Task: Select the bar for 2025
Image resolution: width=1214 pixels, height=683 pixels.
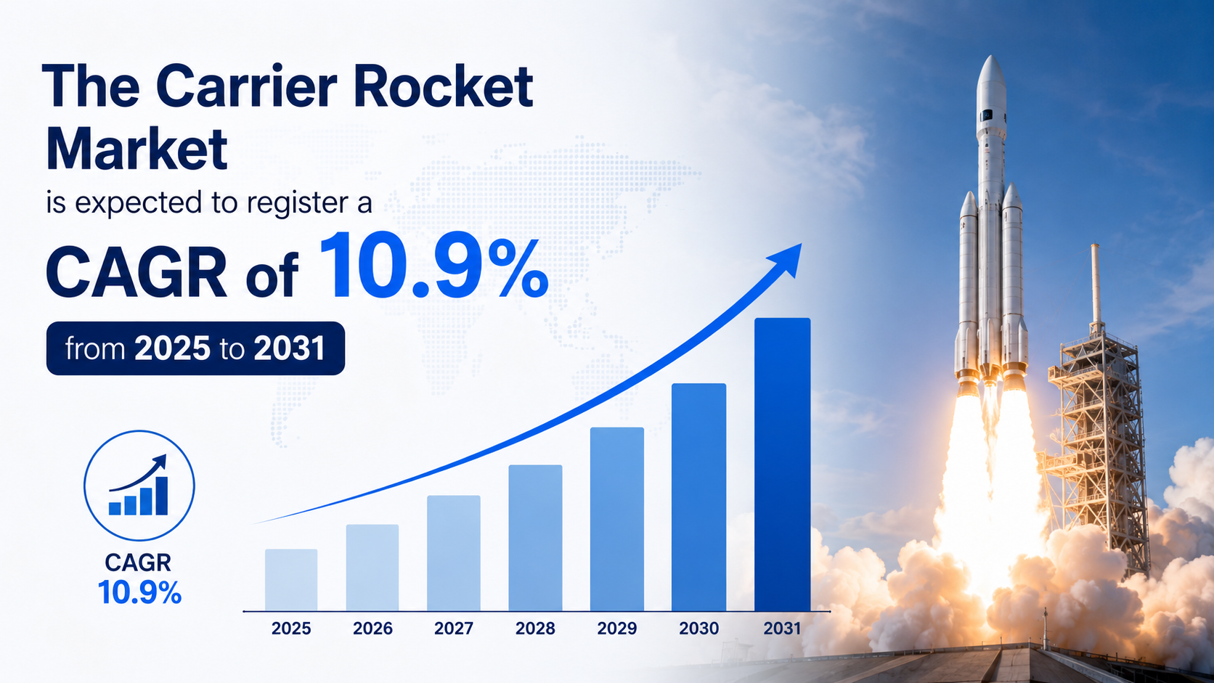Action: tap(291, 580)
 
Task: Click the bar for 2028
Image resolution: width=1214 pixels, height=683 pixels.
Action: tap(535, 538)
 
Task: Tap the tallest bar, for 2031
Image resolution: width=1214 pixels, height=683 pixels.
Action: tap(782, 465)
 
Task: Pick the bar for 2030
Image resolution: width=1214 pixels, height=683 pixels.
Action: tap(698, 497)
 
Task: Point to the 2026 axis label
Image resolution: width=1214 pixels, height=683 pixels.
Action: tap(372, 629)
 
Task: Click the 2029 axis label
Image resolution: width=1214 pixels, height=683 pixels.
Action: tap(616, 629)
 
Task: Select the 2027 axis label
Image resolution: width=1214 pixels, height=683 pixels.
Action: tap(454, 629)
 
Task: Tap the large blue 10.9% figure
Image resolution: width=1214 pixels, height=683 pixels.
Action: tap(433, 266)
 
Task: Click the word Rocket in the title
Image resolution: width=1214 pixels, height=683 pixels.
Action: tap(443, 86)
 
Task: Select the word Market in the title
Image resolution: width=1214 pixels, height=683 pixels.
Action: tap(137, 149)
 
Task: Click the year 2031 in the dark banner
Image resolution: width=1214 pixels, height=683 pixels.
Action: tap(289, 348)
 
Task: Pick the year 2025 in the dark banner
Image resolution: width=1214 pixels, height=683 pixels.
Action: tap(172, 348)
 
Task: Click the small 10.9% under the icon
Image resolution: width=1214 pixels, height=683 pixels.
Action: tap(139, 592)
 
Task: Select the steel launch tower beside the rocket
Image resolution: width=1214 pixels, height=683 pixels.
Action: tap(1095, 412)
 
